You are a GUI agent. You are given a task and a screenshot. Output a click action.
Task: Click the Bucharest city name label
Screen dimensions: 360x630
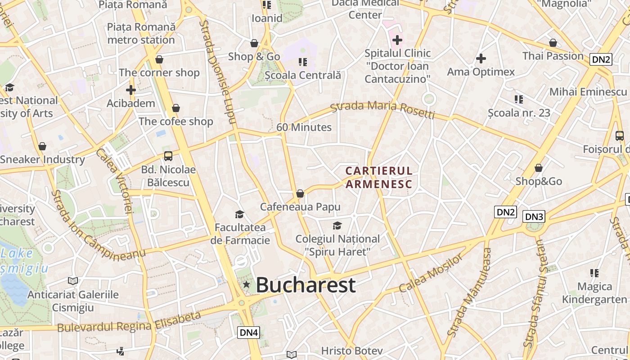click(x=306, y=285)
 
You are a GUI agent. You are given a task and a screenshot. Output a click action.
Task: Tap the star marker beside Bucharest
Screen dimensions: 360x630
click(x=246, y=284)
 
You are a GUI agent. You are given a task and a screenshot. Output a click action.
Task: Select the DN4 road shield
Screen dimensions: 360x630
click(x=249, y=333)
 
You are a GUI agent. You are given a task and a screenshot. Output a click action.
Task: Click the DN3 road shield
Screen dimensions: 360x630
click(x=534, y=217)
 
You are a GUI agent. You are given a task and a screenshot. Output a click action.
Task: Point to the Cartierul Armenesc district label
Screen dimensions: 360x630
click(x=379, y=177)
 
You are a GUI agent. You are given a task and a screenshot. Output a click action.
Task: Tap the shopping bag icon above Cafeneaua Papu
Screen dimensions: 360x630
click(x=300, y=193)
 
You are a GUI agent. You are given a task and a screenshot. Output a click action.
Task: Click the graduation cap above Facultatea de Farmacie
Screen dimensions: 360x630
click(x=239, y=214)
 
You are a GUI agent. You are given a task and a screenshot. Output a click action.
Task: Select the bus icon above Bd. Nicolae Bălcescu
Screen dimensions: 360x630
click(x=168, y=156)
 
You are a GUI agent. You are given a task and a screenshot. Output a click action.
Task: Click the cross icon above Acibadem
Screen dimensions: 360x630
click(x=131, y=90)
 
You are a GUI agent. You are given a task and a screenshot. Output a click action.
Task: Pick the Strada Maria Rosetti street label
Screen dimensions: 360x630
click(x=382, y=110)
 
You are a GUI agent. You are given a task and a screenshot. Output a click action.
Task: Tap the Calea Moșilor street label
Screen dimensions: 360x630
click(x=431, y=273)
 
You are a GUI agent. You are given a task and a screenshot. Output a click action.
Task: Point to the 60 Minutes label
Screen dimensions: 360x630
click(x=304, y=127)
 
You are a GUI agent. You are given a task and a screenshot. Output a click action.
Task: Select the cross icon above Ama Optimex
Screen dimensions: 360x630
click(x=481, y=58)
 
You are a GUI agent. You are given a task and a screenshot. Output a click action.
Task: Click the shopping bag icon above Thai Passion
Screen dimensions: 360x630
click(x=553, y=43)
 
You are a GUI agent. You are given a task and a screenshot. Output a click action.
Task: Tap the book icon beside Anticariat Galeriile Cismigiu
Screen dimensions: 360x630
click(x=73, y=281)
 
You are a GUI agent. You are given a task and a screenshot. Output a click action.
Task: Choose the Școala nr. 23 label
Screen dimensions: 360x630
click(x=519, y=112)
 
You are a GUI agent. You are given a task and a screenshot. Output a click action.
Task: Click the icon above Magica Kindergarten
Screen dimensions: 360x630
click(x=594, y=273)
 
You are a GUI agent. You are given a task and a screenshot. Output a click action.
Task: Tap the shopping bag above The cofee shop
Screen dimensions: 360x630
click(x=176, y=108)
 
